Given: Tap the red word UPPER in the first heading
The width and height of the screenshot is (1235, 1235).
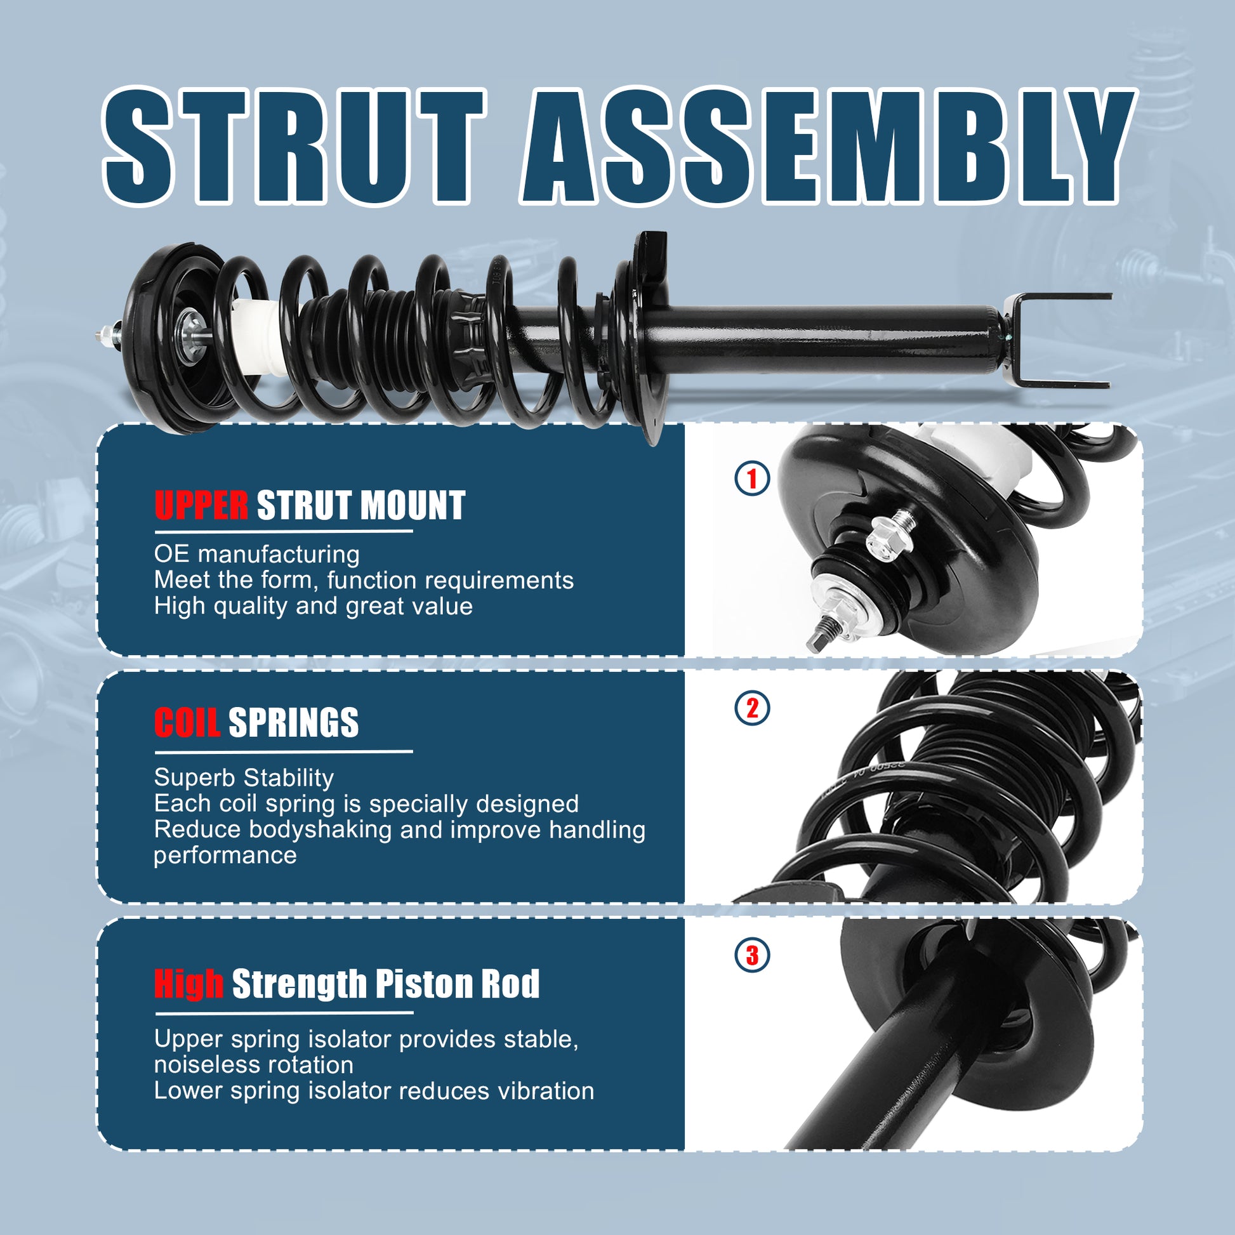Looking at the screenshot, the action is click(201, 506).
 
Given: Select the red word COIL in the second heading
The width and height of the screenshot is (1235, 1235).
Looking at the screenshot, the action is click(187, 722).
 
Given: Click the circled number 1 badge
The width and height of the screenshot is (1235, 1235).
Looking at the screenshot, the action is click(753, 478).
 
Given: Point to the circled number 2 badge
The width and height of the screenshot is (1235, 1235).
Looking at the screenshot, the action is click(753, 708).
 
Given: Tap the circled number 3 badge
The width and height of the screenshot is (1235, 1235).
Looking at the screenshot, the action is click(753, 956).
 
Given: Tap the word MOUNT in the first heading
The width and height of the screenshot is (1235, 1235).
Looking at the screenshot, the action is click(413, 506).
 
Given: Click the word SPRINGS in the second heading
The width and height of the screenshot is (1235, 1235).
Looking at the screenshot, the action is click(293, 722).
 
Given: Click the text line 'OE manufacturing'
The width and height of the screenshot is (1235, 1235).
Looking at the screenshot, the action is click(257, 554).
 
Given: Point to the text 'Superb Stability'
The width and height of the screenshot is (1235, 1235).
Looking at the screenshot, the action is click(244, 778).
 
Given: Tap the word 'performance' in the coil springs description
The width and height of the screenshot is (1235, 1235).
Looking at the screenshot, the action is click(226, 856).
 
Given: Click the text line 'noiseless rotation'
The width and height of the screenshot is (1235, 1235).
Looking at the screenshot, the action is click(254, 1065).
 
